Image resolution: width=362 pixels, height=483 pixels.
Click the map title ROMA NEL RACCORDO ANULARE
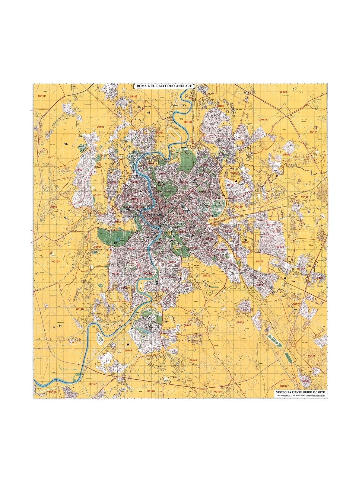coord(164,86)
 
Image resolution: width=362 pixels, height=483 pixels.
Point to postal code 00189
coord(133,96)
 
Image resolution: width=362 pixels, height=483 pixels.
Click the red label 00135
coord(100,127)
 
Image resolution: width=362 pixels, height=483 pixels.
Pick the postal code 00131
coord(314,132)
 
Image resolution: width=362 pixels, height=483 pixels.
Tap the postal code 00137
coord(263,120)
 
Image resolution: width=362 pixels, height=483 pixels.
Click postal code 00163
coord(56,261)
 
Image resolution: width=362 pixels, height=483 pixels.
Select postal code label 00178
coord(240,322)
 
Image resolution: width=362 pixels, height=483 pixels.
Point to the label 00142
coord(187,325)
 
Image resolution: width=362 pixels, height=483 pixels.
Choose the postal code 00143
coord(193,360)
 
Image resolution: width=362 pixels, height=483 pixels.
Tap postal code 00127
coord(94,384)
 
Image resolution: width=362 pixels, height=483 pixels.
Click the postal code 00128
coord(151,391)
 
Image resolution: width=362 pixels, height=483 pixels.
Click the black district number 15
coord(148,112)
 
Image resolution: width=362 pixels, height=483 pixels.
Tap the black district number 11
coord(60,326)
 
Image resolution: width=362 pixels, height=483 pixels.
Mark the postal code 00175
coord(259,261)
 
